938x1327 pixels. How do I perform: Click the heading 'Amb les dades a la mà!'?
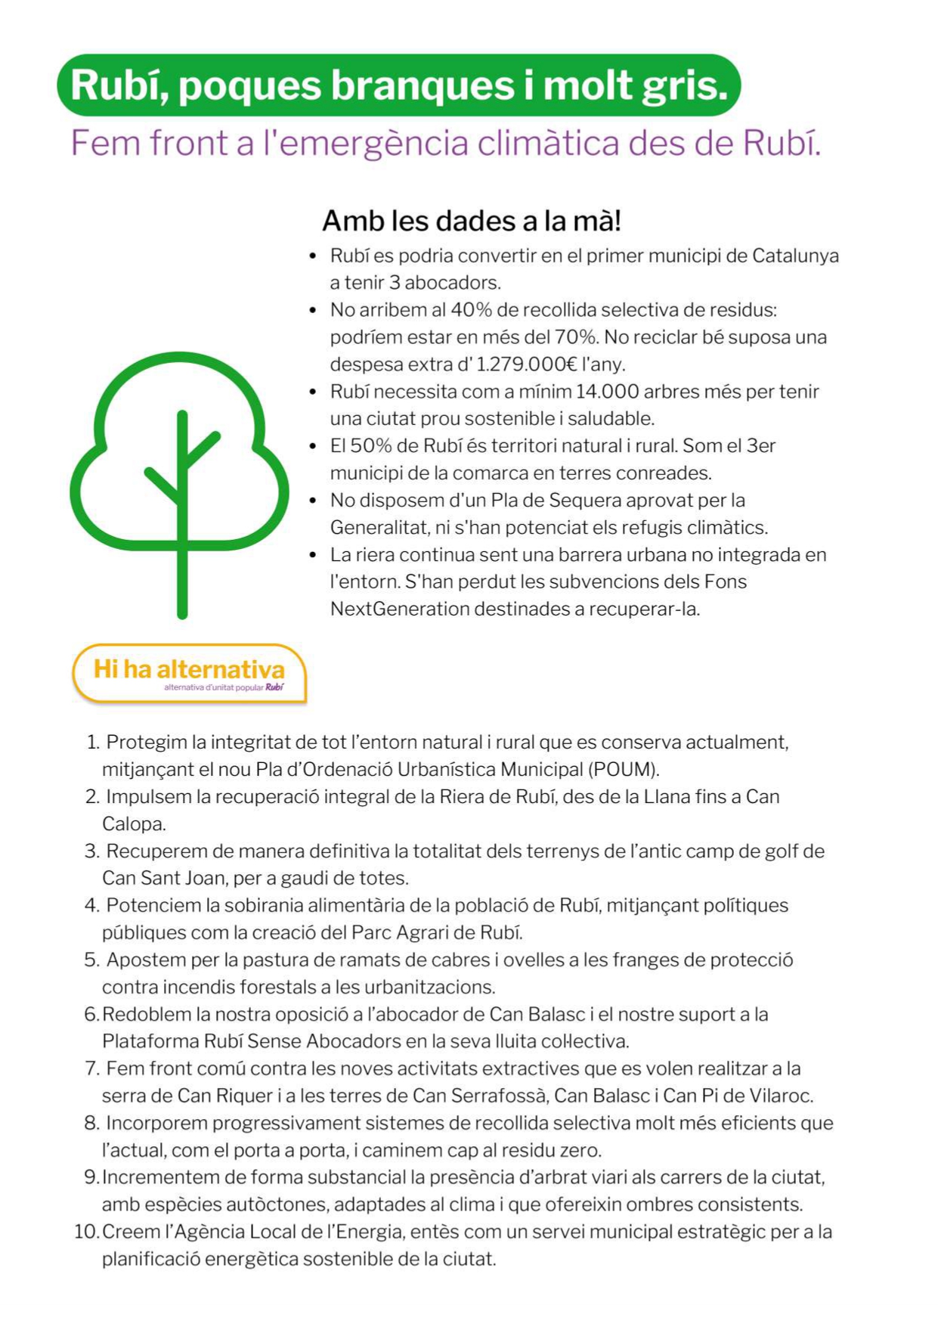coord(472,221)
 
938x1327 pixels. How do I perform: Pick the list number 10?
coord(85,1232)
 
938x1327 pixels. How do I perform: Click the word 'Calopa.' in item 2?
coord(134,824)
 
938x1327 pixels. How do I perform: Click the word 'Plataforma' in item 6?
coord(150,1042)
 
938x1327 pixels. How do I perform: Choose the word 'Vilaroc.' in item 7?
coord(781,1096)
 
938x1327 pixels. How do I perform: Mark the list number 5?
coord(91,960)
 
